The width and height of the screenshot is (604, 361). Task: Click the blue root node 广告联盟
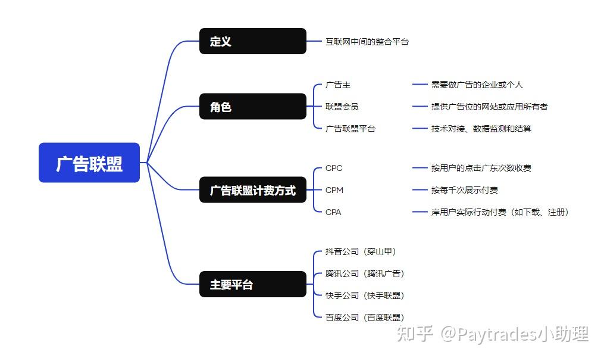(89, 163)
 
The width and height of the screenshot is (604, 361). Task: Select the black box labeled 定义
(253, 41)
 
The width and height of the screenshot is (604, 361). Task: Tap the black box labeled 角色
(253, 106)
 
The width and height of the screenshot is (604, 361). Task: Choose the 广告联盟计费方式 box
(253, 190)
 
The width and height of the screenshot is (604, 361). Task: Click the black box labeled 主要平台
(253, 284)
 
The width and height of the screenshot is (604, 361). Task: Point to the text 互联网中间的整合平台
(367, 41)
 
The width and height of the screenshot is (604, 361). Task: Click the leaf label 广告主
(338, 85)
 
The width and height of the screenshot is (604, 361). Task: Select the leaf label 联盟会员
(342, 107)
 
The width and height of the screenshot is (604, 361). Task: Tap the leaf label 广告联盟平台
(350, 129)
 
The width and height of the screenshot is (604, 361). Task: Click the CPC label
(334, 168)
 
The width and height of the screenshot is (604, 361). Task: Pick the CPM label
(334, 190)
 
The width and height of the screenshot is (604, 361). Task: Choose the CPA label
(333, 212)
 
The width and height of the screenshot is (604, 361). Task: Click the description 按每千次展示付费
(465, 190)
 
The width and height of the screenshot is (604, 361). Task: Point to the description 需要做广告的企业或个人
(477, 85)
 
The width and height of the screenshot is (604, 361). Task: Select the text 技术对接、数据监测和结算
(481, 129)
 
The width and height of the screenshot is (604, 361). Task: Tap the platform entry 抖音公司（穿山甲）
(361, 251)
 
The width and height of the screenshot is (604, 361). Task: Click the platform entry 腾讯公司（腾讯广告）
(365, 273)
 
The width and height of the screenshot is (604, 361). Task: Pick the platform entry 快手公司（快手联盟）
(365, 295)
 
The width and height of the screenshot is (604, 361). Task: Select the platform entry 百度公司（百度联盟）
(365, 318)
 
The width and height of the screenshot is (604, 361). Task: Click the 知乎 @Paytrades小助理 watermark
(493, 334)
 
